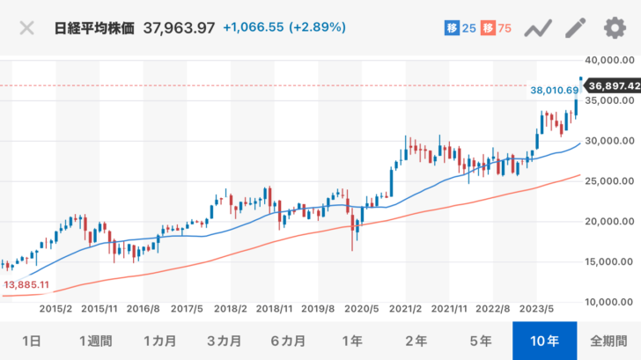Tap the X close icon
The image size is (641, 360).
tap(27, 27)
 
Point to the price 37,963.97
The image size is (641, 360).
tap(180, 27)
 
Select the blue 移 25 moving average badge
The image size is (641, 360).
tap(460, 28)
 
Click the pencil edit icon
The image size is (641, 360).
tap(575, 27)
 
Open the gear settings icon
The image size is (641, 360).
tap(614, 27)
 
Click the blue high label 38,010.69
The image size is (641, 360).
tap(555, 90)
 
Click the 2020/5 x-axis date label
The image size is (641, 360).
tap(363, 309)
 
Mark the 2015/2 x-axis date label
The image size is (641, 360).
tap(55, 309)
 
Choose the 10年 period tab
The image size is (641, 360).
tap(544, 340)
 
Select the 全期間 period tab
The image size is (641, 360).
tap(608, 340)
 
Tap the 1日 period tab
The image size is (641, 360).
tap(31, 340)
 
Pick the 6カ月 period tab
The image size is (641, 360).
tap(288, 340)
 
